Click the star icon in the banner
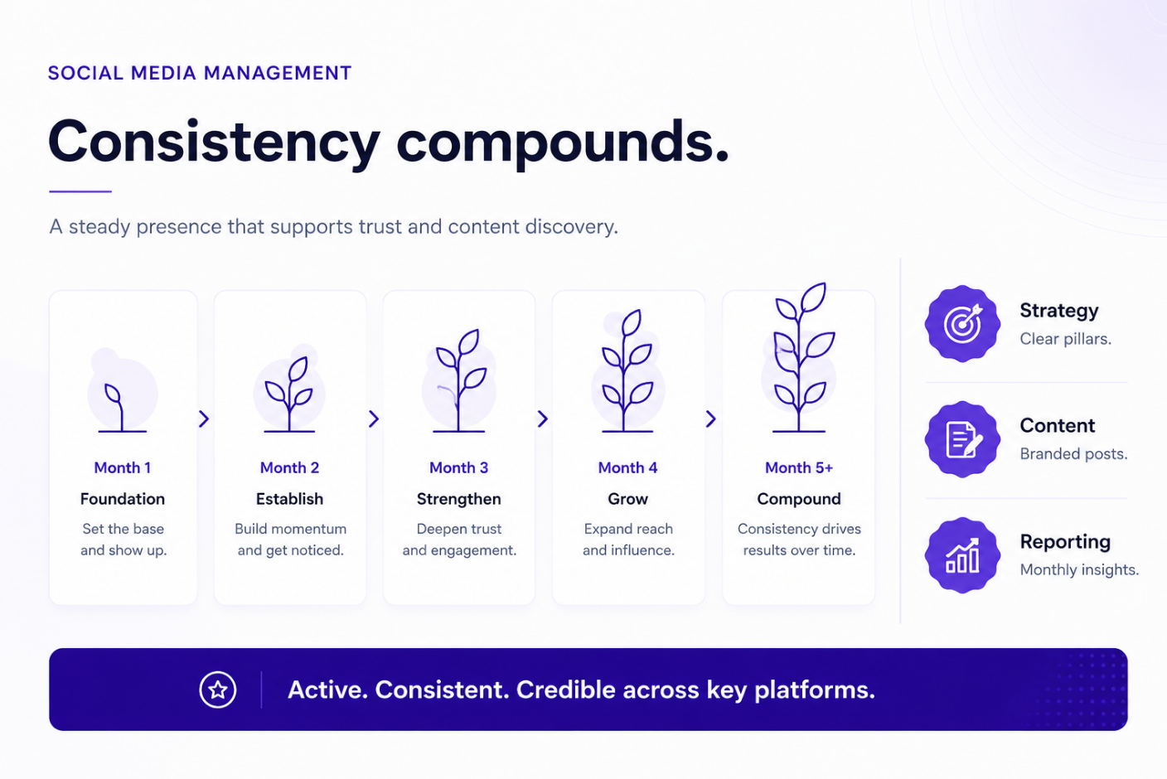coord(218,689)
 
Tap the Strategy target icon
coord(962,323)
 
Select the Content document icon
coord(962,439)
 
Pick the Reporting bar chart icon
coord(962,555)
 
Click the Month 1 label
coord(123,467)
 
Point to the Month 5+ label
coord(799,467)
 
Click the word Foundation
coord(123,499)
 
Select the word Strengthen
coord(458,499)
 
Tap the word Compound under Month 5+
coord(799,499)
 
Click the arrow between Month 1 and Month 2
coord(204,419)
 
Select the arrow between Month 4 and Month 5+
coord(710,419)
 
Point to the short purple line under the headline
coord(80,191)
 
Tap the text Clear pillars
coord(1065,339)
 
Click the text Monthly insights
coord(1079,569)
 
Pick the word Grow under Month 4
coord(627,499)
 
